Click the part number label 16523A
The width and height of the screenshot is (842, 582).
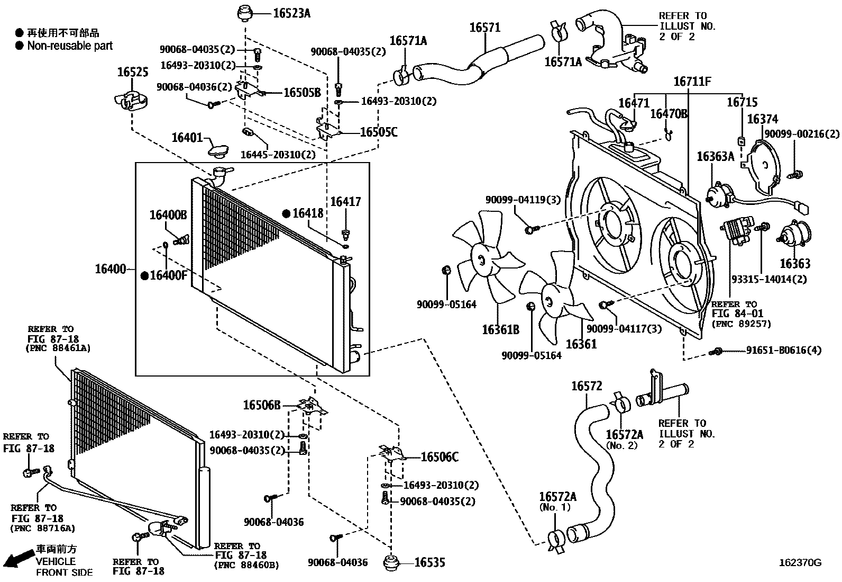[x=291, y=14]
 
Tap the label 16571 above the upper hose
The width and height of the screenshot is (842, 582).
[x=484, y=27]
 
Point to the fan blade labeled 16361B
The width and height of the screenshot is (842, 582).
[x=482, y=259]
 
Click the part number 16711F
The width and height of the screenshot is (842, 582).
[x=692, y=82]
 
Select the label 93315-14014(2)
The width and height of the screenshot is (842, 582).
[x=769, y=279]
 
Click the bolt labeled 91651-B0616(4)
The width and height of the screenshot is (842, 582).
[x=718, y=351]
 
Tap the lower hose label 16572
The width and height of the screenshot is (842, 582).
[x=586, y=386]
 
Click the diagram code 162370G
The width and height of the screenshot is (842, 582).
[x=800, y=562]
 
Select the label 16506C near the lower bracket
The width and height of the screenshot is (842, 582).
[x=440, y=457]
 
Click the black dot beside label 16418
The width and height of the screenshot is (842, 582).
[x=286, y=213]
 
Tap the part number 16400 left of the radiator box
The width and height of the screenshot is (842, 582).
[x=111, y=269]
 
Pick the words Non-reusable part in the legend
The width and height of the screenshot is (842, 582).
[x=70, y=46]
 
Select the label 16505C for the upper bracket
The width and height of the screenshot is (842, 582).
[x=378, y=132]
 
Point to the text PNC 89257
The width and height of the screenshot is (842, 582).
[x=741, y=324]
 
